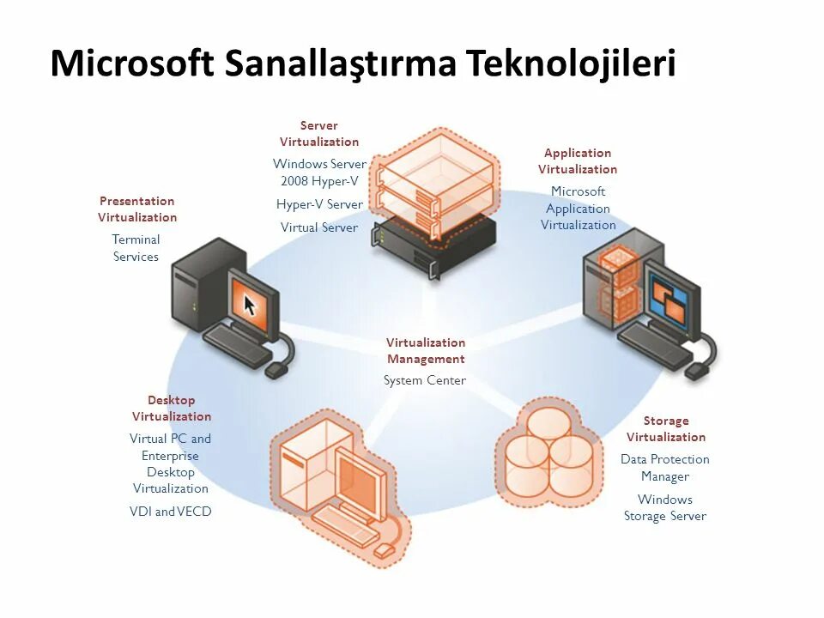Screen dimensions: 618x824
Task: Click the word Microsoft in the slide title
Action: pos(132,64)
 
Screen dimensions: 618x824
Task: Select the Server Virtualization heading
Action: pos(319,134)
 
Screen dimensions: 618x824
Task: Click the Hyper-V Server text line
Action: pos(319,204)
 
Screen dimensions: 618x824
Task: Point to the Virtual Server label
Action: pos(319,227)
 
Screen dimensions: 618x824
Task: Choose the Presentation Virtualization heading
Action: pos(137,209)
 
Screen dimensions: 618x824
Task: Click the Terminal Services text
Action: pos(136,248)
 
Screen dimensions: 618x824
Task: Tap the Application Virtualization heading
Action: pos(578,161)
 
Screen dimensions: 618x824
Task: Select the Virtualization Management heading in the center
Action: pos(426,351)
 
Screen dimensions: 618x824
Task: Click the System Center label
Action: pos(425,380)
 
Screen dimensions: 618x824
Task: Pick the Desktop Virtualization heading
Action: pos(172,409)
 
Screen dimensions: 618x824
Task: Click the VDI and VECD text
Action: pos(171,512)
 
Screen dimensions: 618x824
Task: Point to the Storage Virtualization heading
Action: pos(666,429)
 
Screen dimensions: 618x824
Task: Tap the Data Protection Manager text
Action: pos(665,468)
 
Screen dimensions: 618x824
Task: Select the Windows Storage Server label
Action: pos(665,507)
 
